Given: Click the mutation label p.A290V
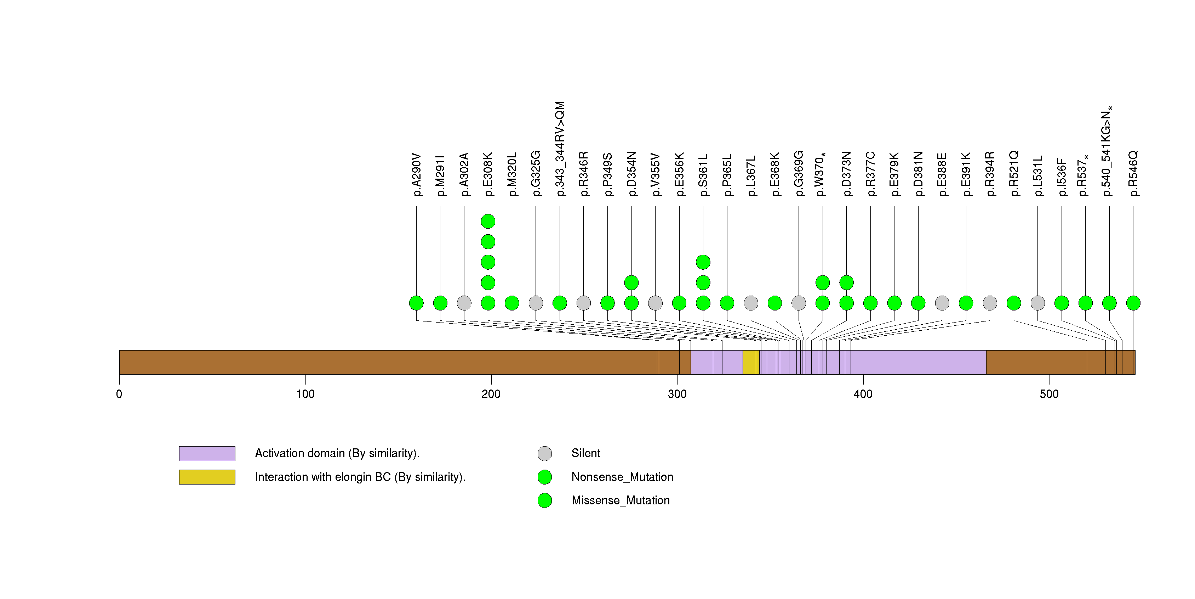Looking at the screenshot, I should tap(417, 175).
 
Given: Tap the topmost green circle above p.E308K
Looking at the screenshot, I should tap(488, 222).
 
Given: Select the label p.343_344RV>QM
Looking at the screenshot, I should tap(560, 149).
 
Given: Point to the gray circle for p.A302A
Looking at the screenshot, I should tap(464, 303).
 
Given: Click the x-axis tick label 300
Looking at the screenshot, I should tap(677, 394).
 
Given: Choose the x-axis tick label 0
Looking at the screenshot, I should tap(119, 394).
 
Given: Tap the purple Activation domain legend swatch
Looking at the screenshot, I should tap(207, 454).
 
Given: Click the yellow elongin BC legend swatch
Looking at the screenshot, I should tap(207, 477).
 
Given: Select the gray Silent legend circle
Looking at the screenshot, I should tap(545, 454).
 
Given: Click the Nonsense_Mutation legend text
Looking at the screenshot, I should tap(622, 477).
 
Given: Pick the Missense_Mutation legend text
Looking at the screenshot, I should tap(621, 500).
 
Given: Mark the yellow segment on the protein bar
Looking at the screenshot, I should tap(750, 362).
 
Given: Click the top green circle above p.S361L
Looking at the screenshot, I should tap(703, 262).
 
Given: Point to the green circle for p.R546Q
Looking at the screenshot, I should tap(1133, 303).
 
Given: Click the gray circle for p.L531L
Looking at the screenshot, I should tap(1038, 303).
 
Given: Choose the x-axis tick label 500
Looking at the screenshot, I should tap(1049, 394).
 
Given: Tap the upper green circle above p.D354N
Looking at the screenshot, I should tap(631, 282).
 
